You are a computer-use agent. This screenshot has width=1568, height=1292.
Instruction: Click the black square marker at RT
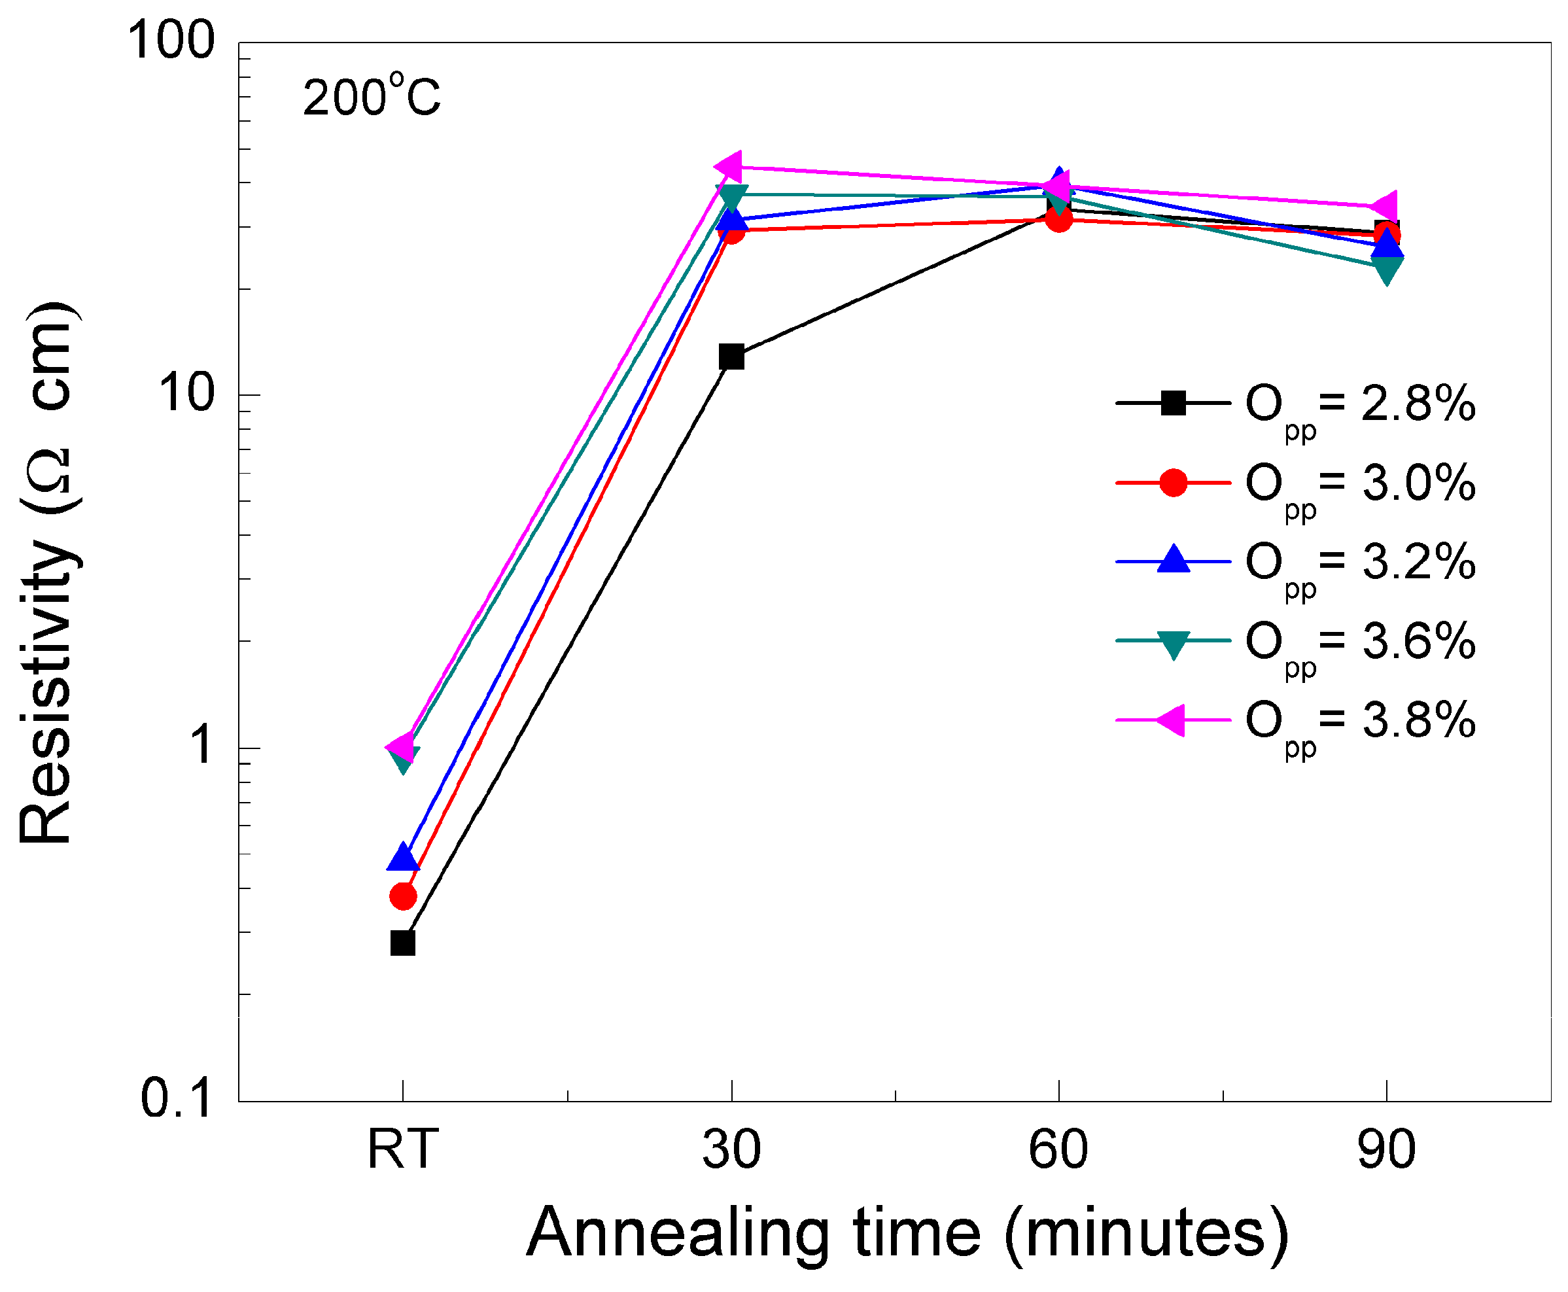click(402, 943)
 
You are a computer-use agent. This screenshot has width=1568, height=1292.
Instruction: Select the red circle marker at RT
click(402, 896)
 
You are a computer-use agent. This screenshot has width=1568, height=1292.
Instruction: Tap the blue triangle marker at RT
click(402, 858)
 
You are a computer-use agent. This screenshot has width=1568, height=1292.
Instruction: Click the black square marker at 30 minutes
click(731, 357)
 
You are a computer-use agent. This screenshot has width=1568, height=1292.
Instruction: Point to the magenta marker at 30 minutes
click(730, 167)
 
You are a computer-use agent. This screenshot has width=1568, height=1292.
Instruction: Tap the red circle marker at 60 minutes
click(1058, 218)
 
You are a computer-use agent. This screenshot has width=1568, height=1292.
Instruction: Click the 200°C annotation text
click(372, 97)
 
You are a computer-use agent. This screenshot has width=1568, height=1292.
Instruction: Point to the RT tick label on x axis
click(402, 1149)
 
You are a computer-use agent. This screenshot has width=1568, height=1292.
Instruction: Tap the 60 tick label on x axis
click(1058, 1149)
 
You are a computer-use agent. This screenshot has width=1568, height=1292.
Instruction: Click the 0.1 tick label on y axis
click(177, 1098)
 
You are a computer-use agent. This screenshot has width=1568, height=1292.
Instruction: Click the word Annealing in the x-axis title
click(677, 1234)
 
